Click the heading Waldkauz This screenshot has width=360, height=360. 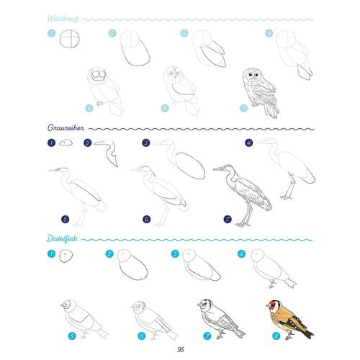(x=63, y=19)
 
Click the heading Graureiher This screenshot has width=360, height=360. (x=66, y=127)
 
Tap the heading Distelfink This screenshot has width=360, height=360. (x=62, y=238)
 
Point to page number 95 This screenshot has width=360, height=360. (x=181, y=349)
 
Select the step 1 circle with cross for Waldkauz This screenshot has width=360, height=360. (x=70, y=39)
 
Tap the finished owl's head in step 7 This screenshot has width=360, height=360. (x=251, y=75)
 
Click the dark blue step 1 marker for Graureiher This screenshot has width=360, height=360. (x=51, y=143)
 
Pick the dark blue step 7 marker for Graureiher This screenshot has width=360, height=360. (x=228, y=219)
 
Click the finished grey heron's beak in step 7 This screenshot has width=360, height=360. (x=219, y=169)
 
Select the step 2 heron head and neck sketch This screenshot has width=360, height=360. (x=107, y=152)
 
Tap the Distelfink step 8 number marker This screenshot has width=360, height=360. (x=276, y=336)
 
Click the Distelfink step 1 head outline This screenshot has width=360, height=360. (x=66, y=256)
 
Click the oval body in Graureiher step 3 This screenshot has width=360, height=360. (x=190, y=166)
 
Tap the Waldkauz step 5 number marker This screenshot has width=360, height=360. (x=89, y=108)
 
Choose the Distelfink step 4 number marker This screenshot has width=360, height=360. (x=241, y=253)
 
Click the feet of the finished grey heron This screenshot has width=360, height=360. (x=243, y=225)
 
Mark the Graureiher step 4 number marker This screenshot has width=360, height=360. (x=249, y=143)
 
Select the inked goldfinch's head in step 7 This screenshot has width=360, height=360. (x=204, y=305)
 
